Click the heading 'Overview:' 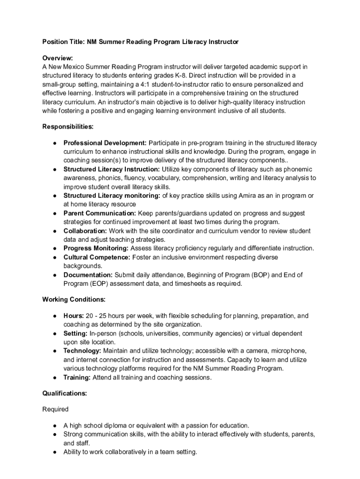tap(58, 58)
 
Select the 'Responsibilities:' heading tap(68, 126)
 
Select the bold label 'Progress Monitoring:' tap(96, 248)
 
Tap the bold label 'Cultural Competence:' tap(97, 257)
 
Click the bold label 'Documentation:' tap(88, 275)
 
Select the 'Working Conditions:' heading tap(74, 299)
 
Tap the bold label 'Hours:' tap(74, 316)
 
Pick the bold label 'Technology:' tap(82, 351)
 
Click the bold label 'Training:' tap(77, 377)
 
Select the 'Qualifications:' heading tap(65, 393)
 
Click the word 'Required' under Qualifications tap(55, 409)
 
